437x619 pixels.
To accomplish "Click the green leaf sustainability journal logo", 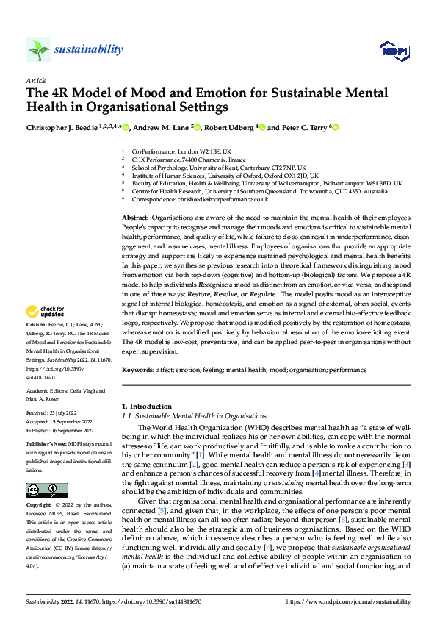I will [38, 49].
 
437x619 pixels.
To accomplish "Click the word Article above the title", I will [36, 79].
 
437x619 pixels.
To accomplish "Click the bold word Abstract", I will [134, 218].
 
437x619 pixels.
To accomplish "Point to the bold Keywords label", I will [138, 371].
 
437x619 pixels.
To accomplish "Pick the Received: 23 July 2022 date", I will [56, 413].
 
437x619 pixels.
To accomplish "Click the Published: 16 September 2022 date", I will [62, 430].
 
